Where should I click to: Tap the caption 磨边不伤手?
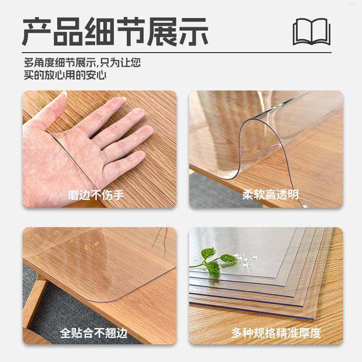(96, 195)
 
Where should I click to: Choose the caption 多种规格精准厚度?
(276, 333)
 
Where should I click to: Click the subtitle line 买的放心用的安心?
(65, 75)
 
